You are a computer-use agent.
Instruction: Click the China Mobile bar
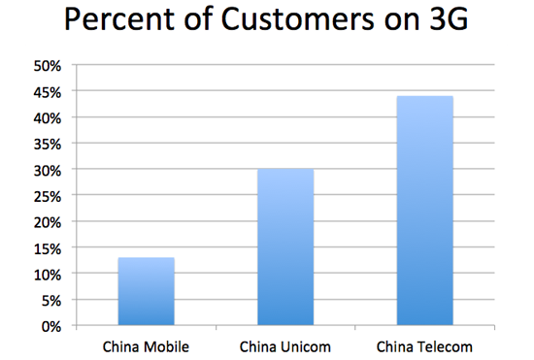point(147,291)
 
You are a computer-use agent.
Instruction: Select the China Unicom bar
point(285,246)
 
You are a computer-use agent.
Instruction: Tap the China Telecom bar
point(424,211)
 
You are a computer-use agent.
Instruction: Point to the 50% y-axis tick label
point(48,66)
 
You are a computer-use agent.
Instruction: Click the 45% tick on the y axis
point(48,92)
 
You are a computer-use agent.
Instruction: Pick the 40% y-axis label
point(48,117)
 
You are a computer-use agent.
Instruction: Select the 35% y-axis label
point(48,144)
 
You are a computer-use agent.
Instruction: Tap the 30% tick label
point(48,170)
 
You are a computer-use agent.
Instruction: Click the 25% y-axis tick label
point(48,196)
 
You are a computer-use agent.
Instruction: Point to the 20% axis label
point(48,221)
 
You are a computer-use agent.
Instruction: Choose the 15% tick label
point(48,247)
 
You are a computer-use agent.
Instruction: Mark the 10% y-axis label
point(48,274)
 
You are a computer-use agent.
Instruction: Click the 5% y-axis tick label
point(50,300)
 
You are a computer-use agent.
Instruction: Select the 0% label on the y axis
point(50,325)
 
